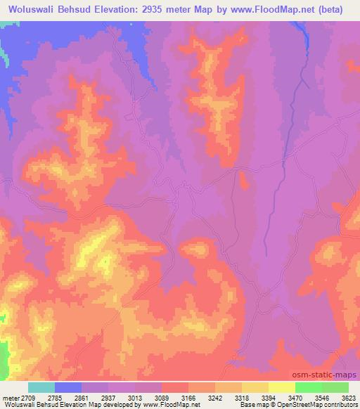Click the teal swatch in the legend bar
click(41, 387)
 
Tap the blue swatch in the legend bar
click(68, 387)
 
